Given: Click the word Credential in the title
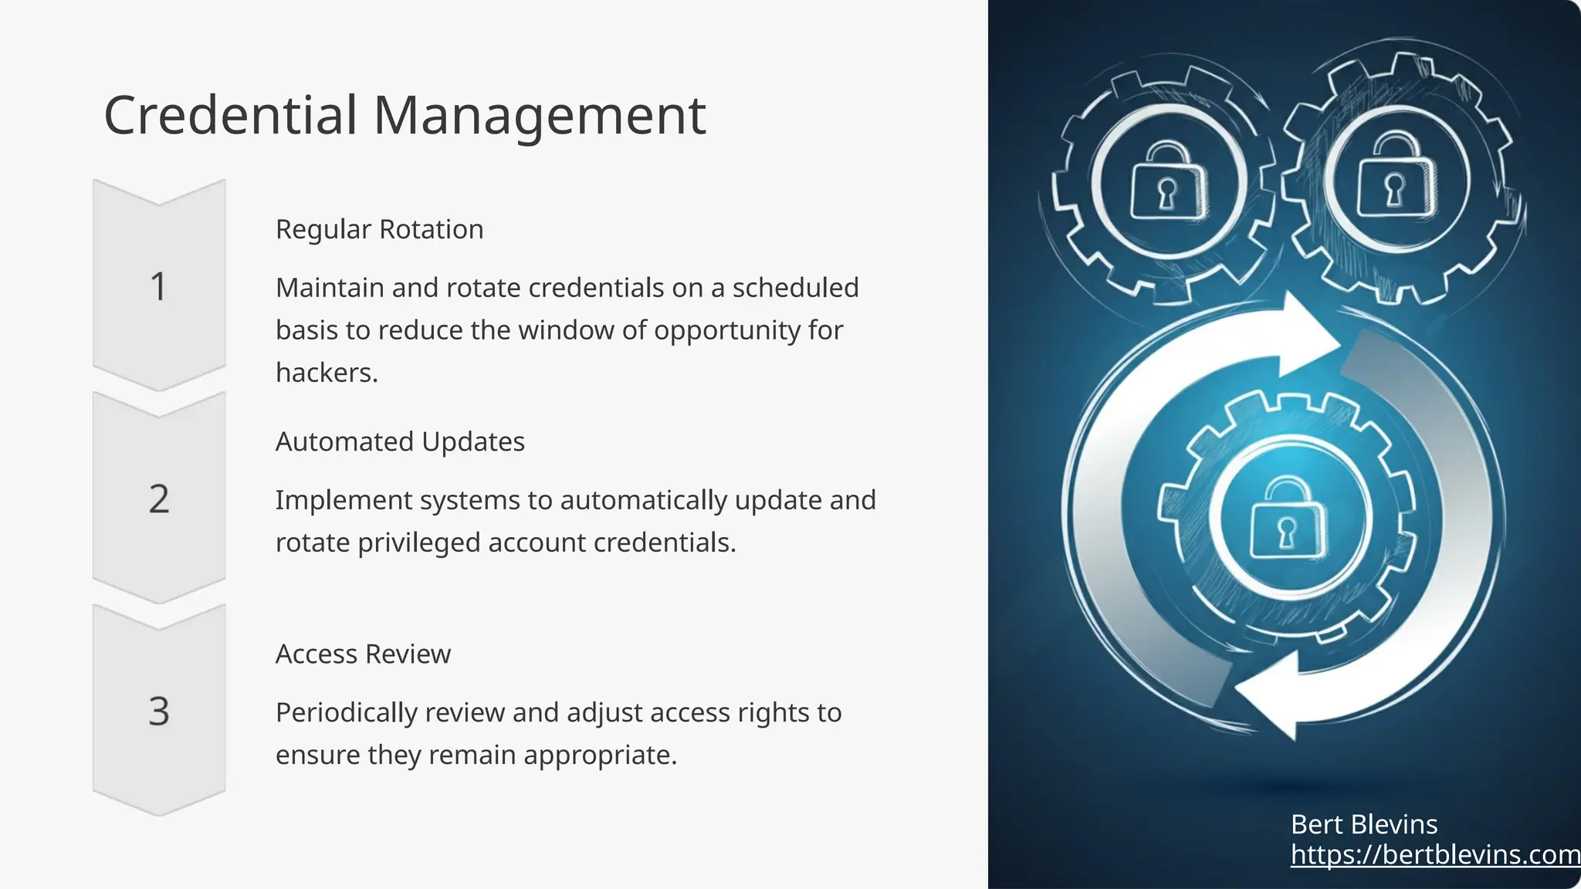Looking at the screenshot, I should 230,116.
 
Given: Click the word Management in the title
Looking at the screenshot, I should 539,116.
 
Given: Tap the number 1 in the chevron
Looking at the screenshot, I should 158,287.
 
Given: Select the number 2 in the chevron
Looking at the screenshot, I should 159,499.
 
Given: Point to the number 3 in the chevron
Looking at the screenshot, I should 159,712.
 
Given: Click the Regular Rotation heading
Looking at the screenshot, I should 379,229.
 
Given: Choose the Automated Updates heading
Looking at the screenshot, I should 400,441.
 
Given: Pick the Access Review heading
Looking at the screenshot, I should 363,654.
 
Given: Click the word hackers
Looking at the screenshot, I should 326,373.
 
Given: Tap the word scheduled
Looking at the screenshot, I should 795,288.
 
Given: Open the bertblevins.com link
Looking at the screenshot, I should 1434,854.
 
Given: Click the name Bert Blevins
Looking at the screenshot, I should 1363,824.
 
